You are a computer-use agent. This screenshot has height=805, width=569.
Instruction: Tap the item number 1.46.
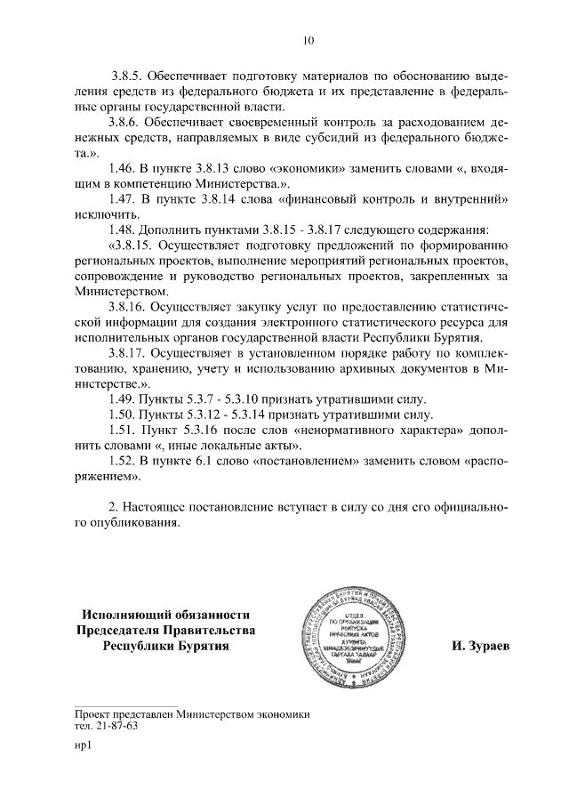122,169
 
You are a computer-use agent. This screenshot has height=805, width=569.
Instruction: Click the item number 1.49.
122,400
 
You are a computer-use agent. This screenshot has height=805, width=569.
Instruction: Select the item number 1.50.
122,415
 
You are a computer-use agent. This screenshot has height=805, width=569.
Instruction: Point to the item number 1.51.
122,431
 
